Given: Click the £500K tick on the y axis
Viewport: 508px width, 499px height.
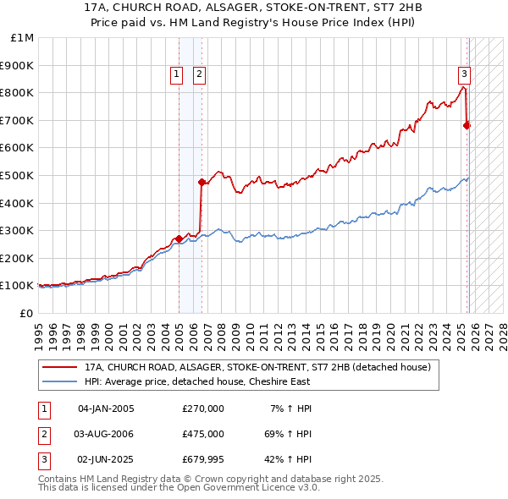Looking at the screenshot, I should click(17, 175).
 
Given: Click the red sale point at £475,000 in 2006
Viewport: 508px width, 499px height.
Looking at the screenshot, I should click(202, 182).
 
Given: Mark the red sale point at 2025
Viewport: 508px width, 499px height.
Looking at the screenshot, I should click(467, 125).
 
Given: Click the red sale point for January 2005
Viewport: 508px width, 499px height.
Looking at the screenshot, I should click(179, 239).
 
